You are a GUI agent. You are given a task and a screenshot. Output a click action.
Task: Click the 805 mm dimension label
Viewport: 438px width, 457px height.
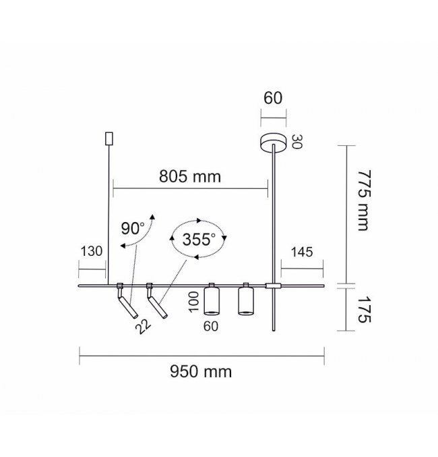190,176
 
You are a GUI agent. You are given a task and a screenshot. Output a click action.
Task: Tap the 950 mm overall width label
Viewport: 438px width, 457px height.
201,371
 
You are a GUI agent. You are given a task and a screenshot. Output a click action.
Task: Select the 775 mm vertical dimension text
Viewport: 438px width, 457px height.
364,200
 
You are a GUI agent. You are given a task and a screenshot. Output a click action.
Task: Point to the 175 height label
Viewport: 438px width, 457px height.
364,310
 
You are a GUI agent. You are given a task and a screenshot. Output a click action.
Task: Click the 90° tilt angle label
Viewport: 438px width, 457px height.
133,228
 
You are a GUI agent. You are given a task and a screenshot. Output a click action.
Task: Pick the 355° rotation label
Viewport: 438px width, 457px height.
199,239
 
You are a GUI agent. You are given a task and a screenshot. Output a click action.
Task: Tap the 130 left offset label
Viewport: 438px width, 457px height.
92,251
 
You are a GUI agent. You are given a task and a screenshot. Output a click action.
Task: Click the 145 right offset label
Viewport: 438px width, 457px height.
302,252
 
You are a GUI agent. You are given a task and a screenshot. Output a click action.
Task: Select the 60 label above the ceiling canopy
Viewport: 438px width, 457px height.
273,98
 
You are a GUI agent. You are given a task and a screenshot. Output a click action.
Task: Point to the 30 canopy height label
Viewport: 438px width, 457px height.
297,142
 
